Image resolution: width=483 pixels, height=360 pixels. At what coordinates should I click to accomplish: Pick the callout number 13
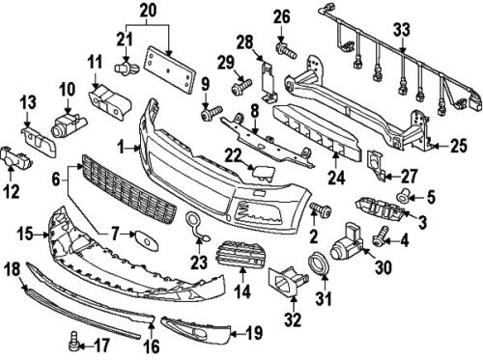pyautogui.click(x=27, y=103)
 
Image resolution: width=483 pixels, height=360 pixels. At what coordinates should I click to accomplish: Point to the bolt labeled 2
pyautogui.click(x=323, y=209)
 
